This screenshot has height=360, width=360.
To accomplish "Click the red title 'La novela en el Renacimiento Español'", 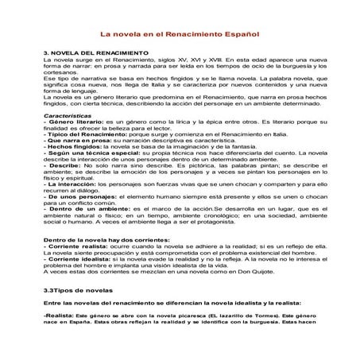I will click(x=179, y=37).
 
